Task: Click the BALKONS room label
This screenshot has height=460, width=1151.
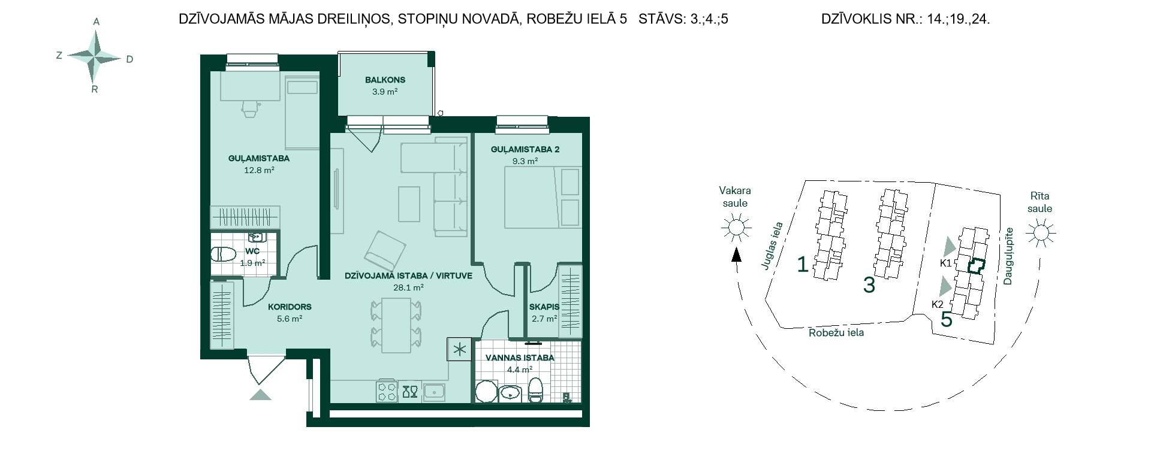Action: (x=385, y=80)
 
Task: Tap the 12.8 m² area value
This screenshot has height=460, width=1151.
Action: (x=258, y=170)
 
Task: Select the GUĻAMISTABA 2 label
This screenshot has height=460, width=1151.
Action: (x=525, y=150)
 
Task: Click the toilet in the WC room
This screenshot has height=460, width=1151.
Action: (x=223, y=255)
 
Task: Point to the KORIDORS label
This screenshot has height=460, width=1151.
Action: (x=290, y=307)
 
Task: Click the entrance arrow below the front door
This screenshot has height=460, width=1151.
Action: (x=260, y=394)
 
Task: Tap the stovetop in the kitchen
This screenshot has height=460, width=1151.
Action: (x=387, y=392)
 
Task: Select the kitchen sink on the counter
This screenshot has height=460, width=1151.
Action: (x=433, y=392)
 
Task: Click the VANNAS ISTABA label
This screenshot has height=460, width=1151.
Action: (x=519, y=358)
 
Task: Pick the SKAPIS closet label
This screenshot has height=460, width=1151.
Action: (x=544, y=307)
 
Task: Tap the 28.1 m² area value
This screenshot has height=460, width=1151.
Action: (x=408, y=287)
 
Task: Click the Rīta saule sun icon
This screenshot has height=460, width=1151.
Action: (x=1041, y=232)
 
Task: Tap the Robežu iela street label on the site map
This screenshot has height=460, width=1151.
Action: (x=836, y=332)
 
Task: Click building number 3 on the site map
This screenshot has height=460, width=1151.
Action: (x=869, y=285)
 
